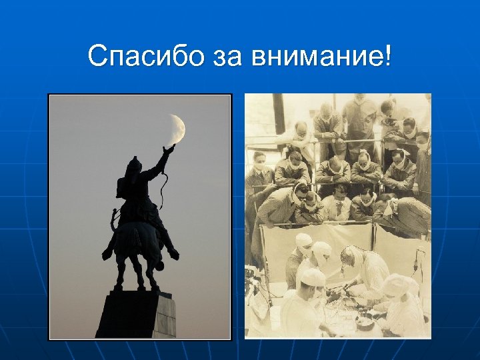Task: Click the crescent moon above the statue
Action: (x=177, y=128)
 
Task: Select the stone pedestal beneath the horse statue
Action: (x=137, y=313)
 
